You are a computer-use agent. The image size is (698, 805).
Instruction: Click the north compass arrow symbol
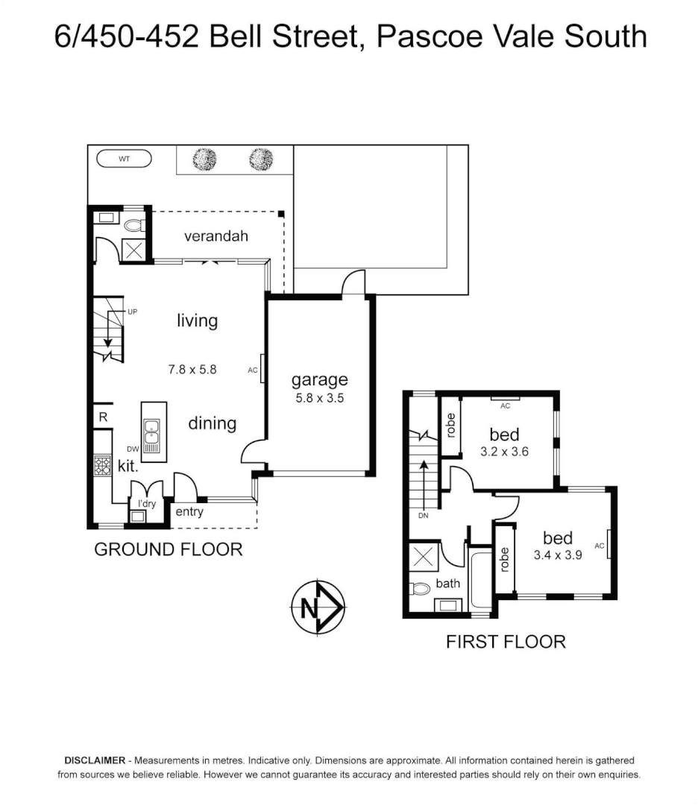pyautogui.click(x=316, y=607)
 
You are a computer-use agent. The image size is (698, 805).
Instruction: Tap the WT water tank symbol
pyautogui.click(x=125, y=159)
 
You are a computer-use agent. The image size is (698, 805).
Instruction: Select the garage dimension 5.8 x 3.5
pyautogui.click(x=319, y=398)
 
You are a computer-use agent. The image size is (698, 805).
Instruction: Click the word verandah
pyautogui.click(x=216, y=236)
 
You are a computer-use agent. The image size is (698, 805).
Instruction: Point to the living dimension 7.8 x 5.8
pyautogui.click(x=192, y=368)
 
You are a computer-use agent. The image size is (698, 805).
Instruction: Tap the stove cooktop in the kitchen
pyautogui.click(x=102, y=465)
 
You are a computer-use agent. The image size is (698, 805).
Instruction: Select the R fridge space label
pyautogui.click(x=103, y=417)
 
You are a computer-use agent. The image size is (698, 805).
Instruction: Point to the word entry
pyautogui.click(x=189, y=512)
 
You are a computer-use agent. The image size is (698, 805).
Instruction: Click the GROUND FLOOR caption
pyautogui.click(x=168, y=549)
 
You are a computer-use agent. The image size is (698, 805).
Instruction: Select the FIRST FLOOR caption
pyautogui.click(x=506, y=641)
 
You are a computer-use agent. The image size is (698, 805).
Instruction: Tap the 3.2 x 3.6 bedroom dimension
pyautogui.click(x=504, y=451)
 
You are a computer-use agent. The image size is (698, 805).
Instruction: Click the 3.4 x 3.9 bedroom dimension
pyautogui.click(x=557, y=555)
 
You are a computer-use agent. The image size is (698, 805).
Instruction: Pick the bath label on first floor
pyautogui.click(x=447, y=584)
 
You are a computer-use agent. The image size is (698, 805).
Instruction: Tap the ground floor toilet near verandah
pyautogui.click(x=134, y=224)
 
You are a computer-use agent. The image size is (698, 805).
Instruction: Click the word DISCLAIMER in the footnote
pyautogui.click(x=94, y=761)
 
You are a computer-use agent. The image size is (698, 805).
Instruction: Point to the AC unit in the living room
pyautogui.click(x=262, y=368)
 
